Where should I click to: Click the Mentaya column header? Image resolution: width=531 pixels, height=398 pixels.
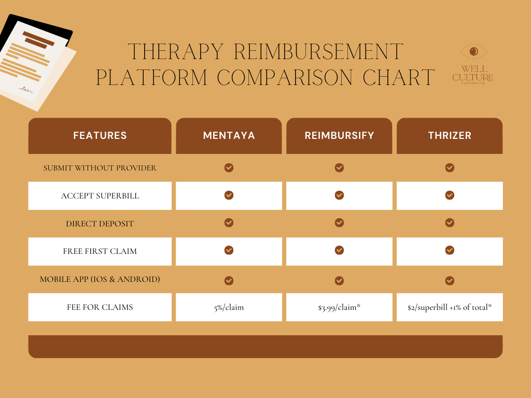pyautogui.click(x=229, y=136)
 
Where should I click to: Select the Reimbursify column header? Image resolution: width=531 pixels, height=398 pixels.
pyautogui.click(x=339, y=136)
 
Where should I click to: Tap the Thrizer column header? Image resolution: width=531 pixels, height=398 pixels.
pyautogui.click(x=450, y=136)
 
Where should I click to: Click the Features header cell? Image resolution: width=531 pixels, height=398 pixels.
pyautogui.click(x=100, y=136)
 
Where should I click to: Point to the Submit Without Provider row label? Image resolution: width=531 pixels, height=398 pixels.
pyautogui.click(x=100, y=168)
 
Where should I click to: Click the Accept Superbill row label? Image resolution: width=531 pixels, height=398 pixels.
pyautogui.click(x=100, y=196)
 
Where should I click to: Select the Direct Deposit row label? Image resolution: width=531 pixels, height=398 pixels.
pyautogui.click(x=100, y=224)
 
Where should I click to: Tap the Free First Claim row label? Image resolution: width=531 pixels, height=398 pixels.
pyautogui.click(x=100, y=251)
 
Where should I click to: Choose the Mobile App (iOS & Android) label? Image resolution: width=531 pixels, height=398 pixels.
pyautogui.click(x=100, y=279)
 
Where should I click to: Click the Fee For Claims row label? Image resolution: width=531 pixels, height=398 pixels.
pyautogui.click(x=100, y=307)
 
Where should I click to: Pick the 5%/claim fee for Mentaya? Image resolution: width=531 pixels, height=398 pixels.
pyautogui.click(x=229, y=307)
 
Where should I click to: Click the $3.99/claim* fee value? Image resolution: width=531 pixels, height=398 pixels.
pyautogui.click(x=339, y=307)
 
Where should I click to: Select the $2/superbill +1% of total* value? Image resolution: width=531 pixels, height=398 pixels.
pyautogui.click(x=450, y=307)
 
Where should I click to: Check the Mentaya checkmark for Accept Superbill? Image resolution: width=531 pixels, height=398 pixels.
pyautogui.click(x=229, y=195)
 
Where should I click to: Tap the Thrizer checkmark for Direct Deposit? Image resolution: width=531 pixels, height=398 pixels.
pyautogui.click(x=450, y=223)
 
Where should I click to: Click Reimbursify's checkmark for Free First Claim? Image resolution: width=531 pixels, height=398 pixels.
pyautogui.click(x=339, y=250)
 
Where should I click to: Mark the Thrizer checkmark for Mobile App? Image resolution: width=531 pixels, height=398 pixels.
pyautogui.click(x=450, y=280)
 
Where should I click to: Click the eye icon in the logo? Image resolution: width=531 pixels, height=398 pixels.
pyautogui.click(x=474, y=52)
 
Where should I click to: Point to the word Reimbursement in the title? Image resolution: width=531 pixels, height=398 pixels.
pyautogui.click(x=318, y=52)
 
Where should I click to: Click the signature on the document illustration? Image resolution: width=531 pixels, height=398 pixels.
pyautogui.click(x=25, y=90)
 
